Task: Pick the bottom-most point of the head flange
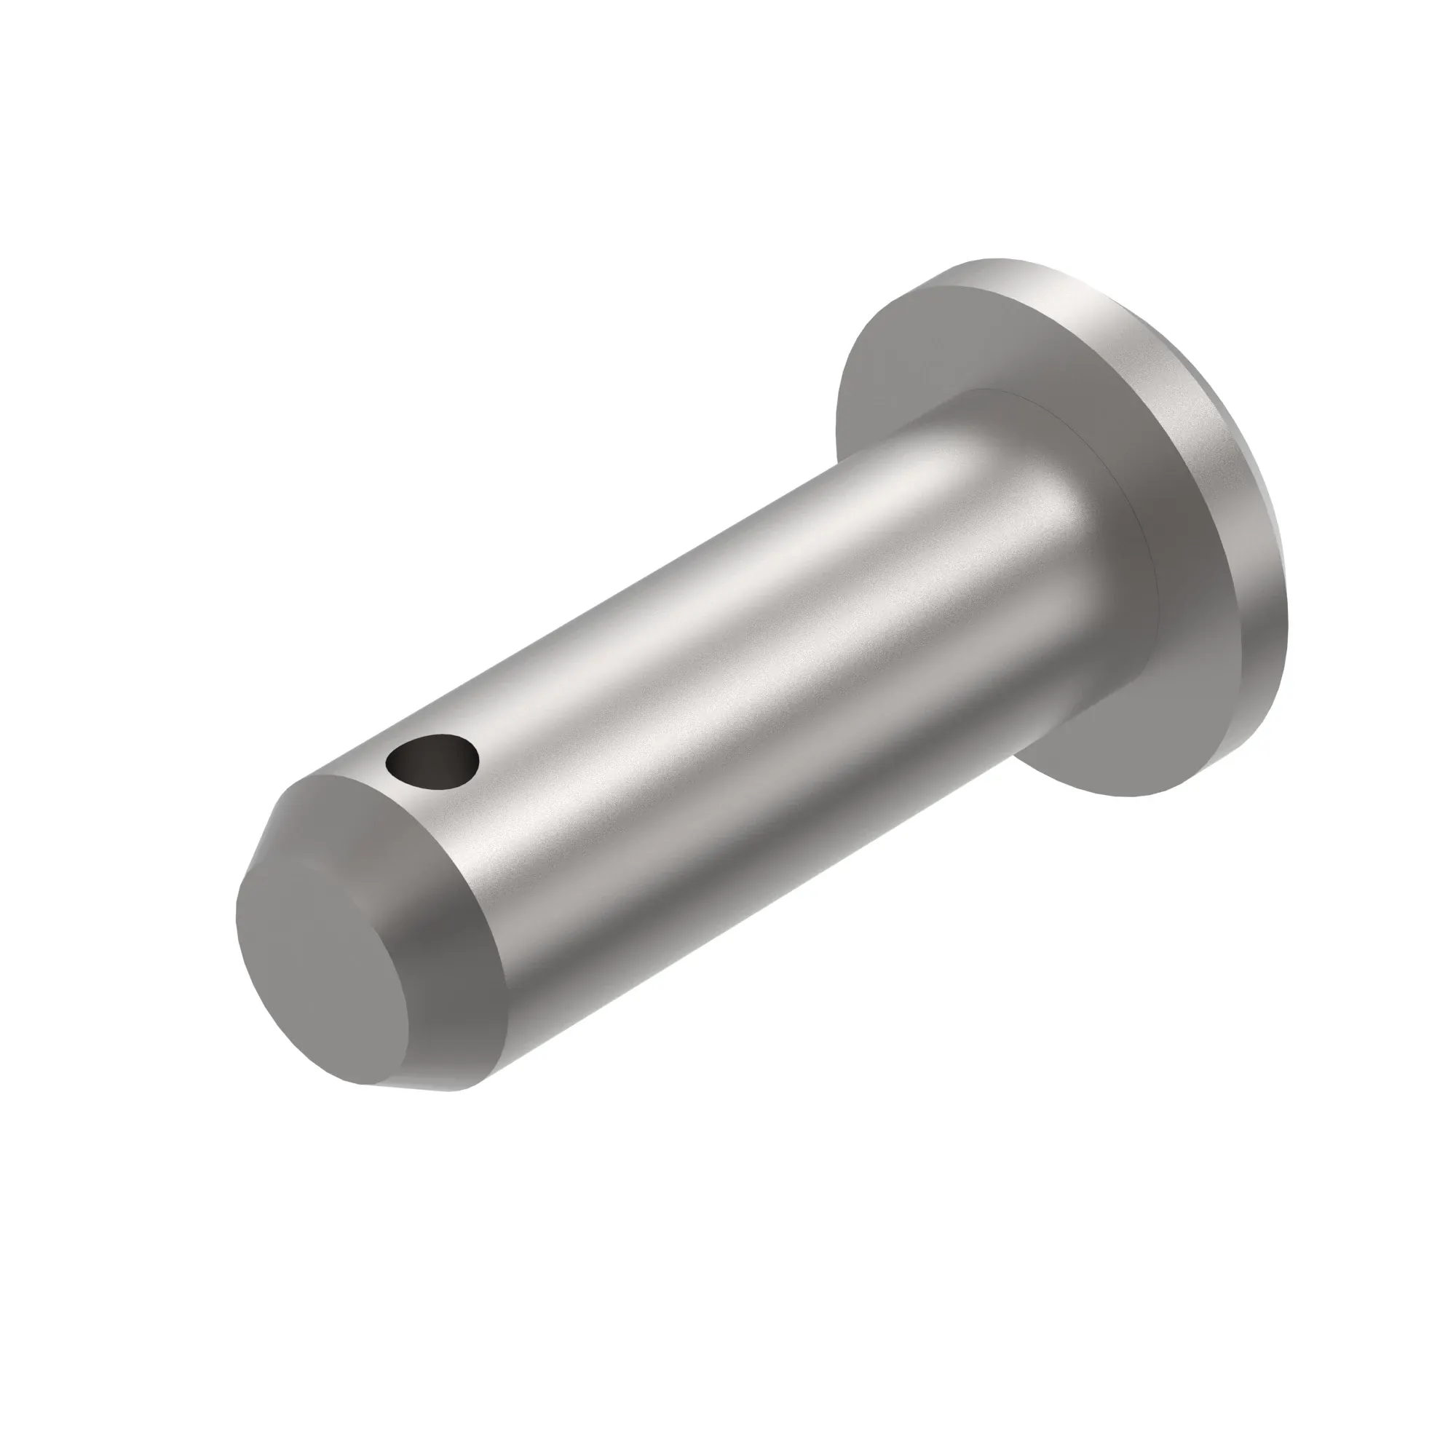point(1131,796)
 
